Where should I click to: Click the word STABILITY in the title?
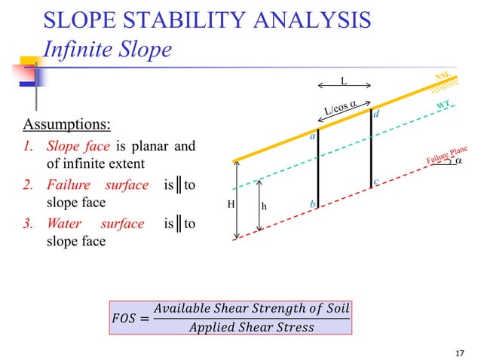(x=190, y=20)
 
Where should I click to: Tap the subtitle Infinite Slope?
(x=109, y=49)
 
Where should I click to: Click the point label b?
(x=311, y=204)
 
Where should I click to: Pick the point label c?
(x=375, y=182)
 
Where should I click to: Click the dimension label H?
(x=231, y=204)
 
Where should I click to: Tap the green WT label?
(x=446, y=105)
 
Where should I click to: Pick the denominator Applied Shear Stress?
(x=250, y=327)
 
